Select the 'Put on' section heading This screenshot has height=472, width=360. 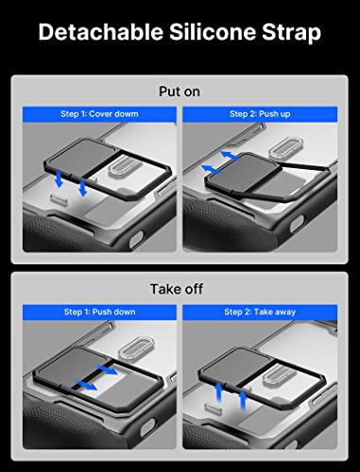click(180, 92)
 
